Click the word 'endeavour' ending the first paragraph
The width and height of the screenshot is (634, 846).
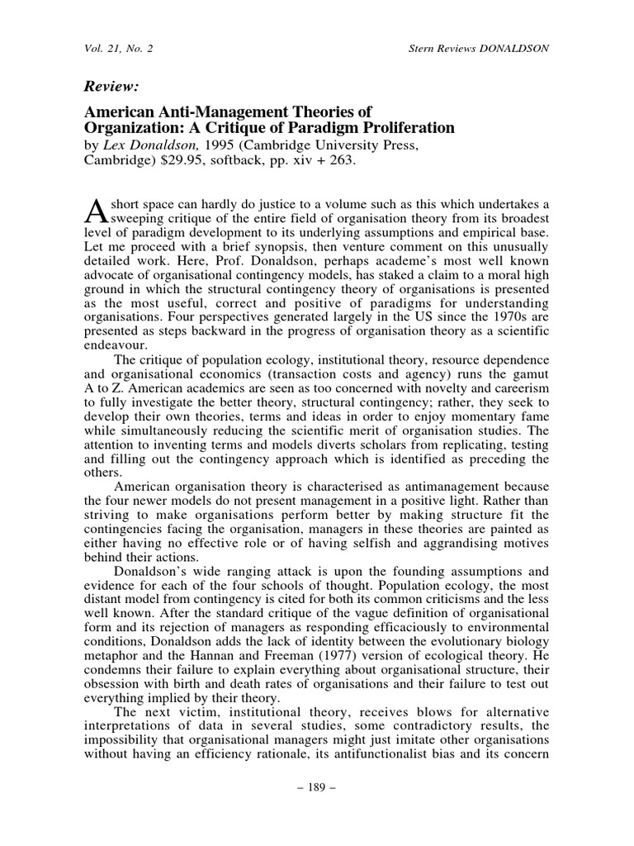116,346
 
